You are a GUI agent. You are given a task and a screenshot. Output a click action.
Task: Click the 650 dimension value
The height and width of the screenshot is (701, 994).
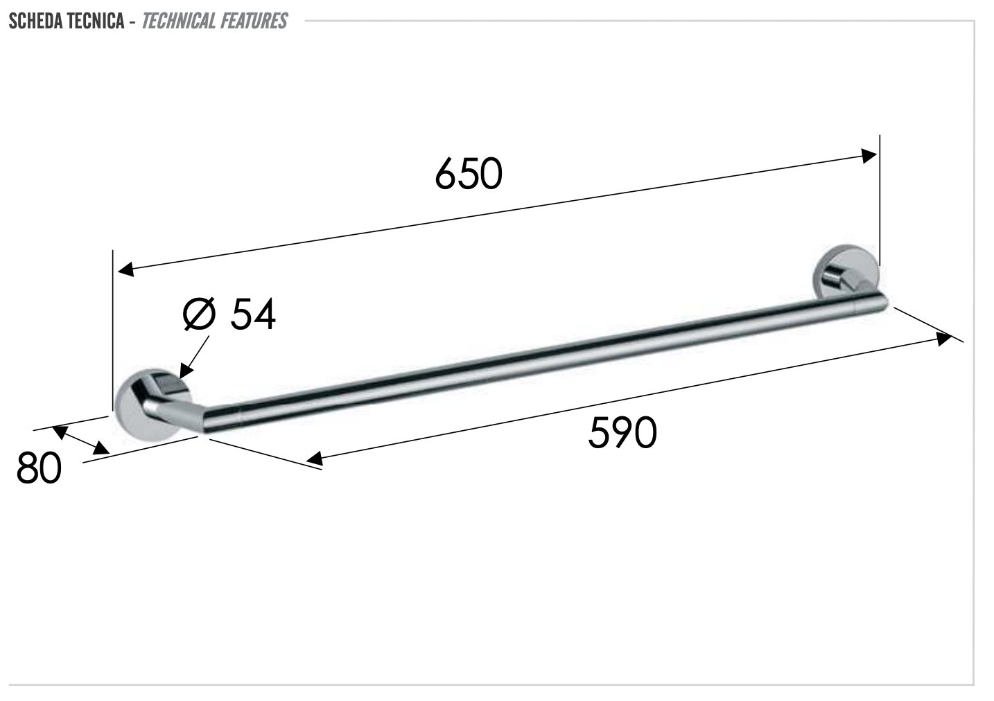pyautogui.click(x=469, y=174)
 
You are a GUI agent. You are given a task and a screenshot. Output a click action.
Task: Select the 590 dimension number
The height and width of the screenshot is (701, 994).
pyautogui.click(x=622, y=432)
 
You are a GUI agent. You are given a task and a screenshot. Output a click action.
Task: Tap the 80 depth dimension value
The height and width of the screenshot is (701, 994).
pyautogui.click(x=39, y=468)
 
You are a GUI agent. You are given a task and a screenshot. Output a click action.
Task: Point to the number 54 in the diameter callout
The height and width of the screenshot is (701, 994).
pyautogui.click(x=253, y=314)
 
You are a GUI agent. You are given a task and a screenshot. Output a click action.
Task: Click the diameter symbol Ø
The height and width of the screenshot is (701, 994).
pyautogui.click(x=199, y=314)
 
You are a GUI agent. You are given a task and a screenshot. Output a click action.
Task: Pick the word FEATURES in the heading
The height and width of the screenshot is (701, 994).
pyautogui.click(x=253, y=21)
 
